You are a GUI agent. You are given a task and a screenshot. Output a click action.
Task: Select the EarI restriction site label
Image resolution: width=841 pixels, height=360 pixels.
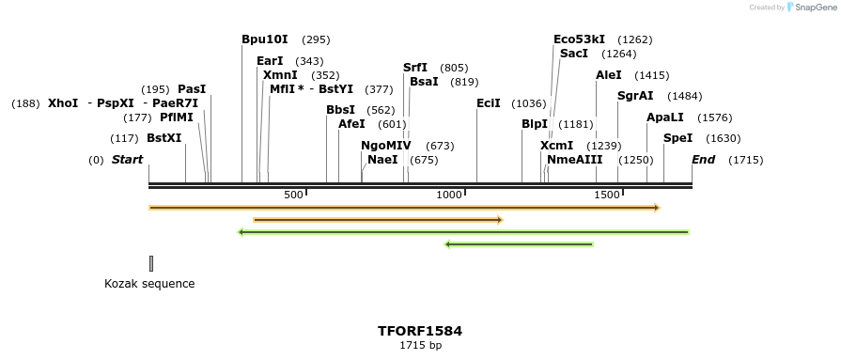(270, 61)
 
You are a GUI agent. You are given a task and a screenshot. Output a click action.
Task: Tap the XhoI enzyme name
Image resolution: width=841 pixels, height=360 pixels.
(63, 103)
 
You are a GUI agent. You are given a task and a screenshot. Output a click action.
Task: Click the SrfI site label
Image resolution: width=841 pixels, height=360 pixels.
(415, 68)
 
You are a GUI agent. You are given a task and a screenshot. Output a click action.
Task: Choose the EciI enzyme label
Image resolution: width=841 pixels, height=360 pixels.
(489, 103)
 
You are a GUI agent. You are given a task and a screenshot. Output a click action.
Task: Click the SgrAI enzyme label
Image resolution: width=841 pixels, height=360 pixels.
(635, 96)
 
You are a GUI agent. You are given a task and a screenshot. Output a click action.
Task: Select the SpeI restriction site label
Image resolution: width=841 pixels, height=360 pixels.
(677, 138)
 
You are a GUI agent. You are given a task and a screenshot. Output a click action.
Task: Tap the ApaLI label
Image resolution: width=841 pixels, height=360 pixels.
(665, 117)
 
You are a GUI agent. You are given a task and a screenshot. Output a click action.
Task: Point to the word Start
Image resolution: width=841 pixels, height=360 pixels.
(128, 160)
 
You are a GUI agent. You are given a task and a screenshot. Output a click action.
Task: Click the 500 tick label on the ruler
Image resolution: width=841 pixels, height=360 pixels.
(293, 195)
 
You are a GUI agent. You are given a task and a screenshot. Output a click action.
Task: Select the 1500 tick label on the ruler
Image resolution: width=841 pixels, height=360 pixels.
(607, 195)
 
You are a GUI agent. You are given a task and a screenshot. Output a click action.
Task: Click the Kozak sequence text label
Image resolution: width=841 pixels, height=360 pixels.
(149, 283)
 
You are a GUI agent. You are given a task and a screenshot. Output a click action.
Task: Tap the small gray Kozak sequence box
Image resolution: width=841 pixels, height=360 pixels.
(151, 263)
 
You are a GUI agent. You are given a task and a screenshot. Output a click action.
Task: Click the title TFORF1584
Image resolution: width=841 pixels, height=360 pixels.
(420, 331)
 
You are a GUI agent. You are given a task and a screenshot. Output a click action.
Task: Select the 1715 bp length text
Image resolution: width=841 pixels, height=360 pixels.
(420, 346)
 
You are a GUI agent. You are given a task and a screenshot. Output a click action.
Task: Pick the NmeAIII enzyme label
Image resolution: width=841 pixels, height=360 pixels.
(574, 160)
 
